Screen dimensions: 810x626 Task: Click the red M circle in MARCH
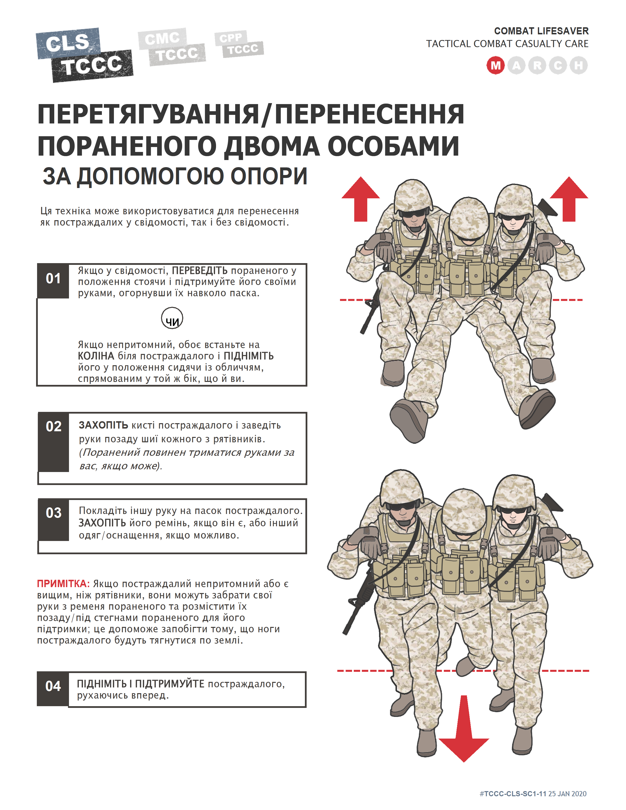(x=495, y=66)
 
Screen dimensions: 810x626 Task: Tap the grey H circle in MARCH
(x=578, y=66)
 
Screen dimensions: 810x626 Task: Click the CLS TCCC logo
(x=84, y=55)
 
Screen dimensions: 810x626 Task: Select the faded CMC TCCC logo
(x=172, y=47)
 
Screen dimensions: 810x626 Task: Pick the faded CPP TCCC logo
(x=239, y=44)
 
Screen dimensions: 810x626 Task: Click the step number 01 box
(x=53, y=279)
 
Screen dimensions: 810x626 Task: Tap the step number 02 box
(x=54, y=427)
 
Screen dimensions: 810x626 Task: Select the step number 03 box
(x=54, y=513)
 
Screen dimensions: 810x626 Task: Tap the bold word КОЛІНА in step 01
(x=96, y=356)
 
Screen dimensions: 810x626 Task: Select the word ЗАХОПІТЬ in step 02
(x=103, y=425)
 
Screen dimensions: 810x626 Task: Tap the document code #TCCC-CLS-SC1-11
(x=513, y=794)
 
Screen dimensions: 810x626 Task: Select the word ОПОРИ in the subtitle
(x=269, y=176)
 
